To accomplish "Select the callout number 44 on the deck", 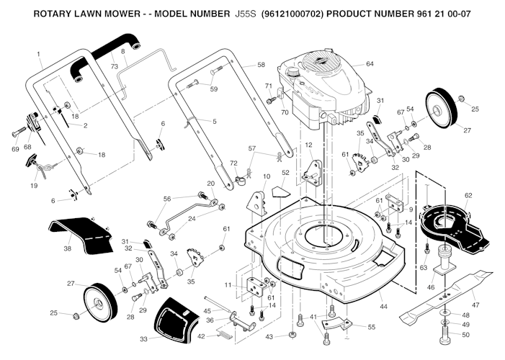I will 383,307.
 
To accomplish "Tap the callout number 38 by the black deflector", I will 67,248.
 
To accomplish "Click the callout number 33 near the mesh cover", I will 143,338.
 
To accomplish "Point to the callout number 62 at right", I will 468,195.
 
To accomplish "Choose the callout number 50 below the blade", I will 465,335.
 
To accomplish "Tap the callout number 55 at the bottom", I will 371,327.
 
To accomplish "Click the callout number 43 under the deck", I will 269,337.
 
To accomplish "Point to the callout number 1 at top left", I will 39,55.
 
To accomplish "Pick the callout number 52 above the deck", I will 285,173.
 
